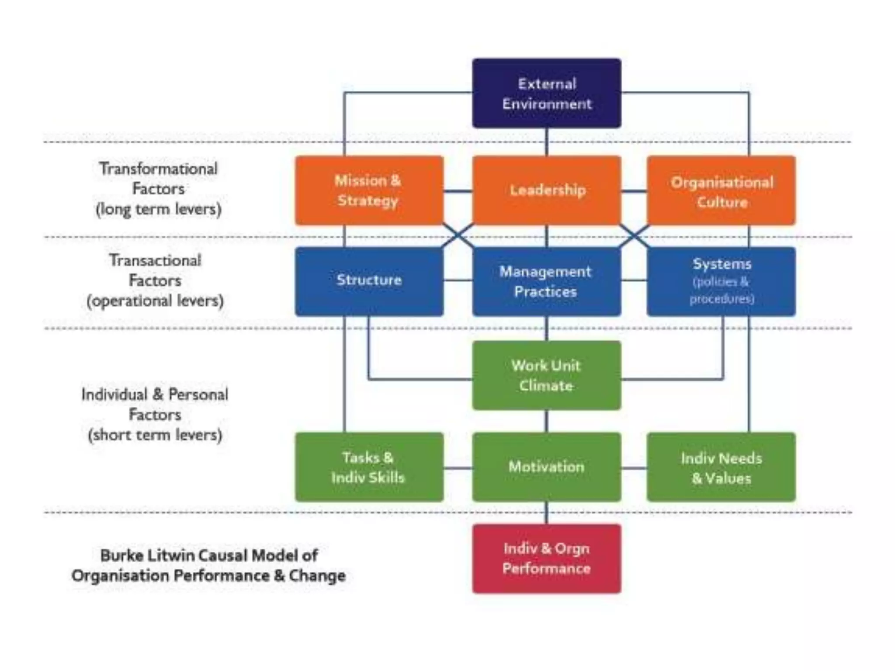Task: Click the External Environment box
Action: coord(546,93)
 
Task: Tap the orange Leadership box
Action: coord(546,190)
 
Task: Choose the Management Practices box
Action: coord(546,281)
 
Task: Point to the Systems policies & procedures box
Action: coord(721,281)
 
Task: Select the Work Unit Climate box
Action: coord(546,375)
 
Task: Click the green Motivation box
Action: coord(546,467)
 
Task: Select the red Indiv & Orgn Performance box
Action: coord(546,559)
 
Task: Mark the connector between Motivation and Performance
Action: coord(546,513)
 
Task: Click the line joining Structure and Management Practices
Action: coord(458,280)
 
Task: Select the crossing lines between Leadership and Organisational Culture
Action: coord(634,236)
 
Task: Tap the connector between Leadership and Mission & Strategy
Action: coord(458,191)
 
